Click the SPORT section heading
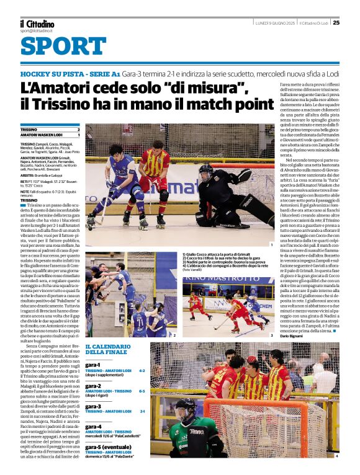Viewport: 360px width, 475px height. [x=63, y=47]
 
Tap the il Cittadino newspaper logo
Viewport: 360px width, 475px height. [x=35, y=23]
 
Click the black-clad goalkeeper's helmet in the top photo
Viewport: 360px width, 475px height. [x=206, y=173]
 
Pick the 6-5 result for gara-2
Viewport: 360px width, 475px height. [x=142, y=391]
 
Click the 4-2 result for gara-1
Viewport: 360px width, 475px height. [x=142, y=371]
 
